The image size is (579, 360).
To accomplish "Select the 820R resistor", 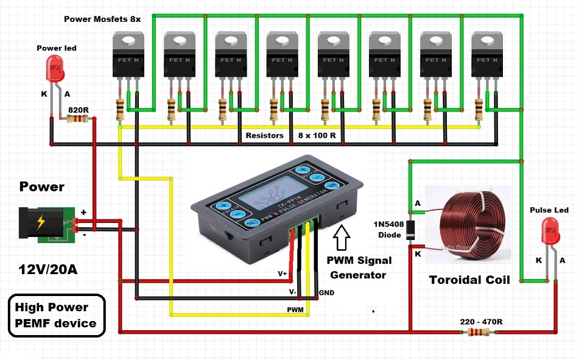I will coord(77,119).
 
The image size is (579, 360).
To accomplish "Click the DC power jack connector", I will coord(46,224).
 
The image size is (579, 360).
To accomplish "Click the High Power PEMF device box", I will coord(56,315).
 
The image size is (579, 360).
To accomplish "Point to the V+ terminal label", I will coord(282,274).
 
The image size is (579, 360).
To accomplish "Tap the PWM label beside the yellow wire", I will coord(296,309).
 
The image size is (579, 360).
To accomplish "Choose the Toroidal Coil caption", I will coord(469,280).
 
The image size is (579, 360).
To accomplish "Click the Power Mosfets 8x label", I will coord(102,19).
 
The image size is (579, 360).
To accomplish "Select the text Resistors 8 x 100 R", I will coord(290,135).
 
